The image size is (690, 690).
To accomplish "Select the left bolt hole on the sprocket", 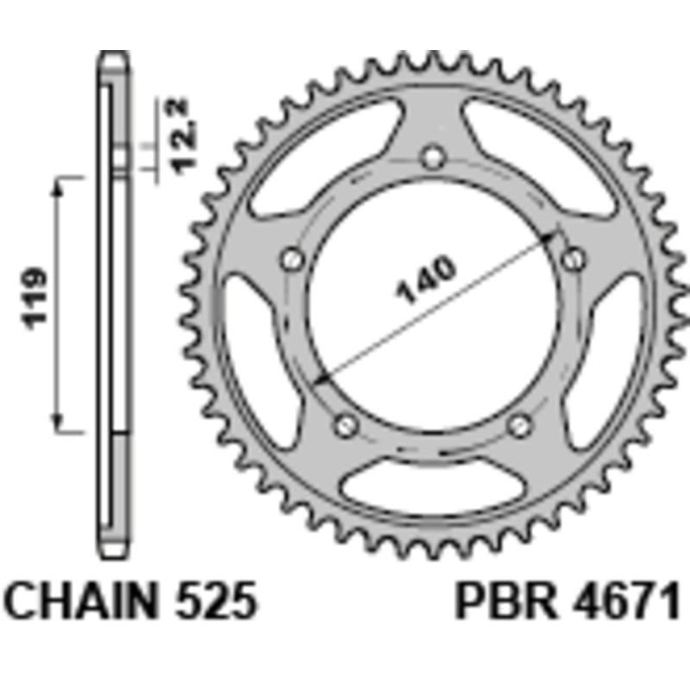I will (293, 258).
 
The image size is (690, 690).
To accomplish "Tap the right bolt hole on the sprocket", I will (572, 258).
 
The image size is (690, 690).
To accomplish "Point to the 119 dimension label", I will (35, 298).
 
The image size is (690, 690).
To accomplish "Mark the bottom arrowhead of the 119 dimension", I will (60, 423).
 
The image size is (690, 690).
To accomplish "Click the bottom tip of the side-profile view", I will (115, 553).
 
